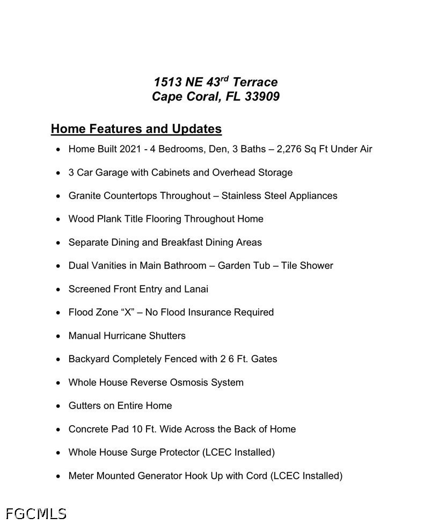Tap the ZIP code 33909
click(x=262, y=97)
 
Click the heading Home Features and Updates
click(x=136, y=129)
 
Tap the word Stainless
click(x=241, y=196)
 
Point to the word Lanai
click(x=196, y=289)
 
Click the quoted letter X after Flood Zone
click(x=128, y=312)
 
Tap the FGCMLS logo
click(x=36, y=514)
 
